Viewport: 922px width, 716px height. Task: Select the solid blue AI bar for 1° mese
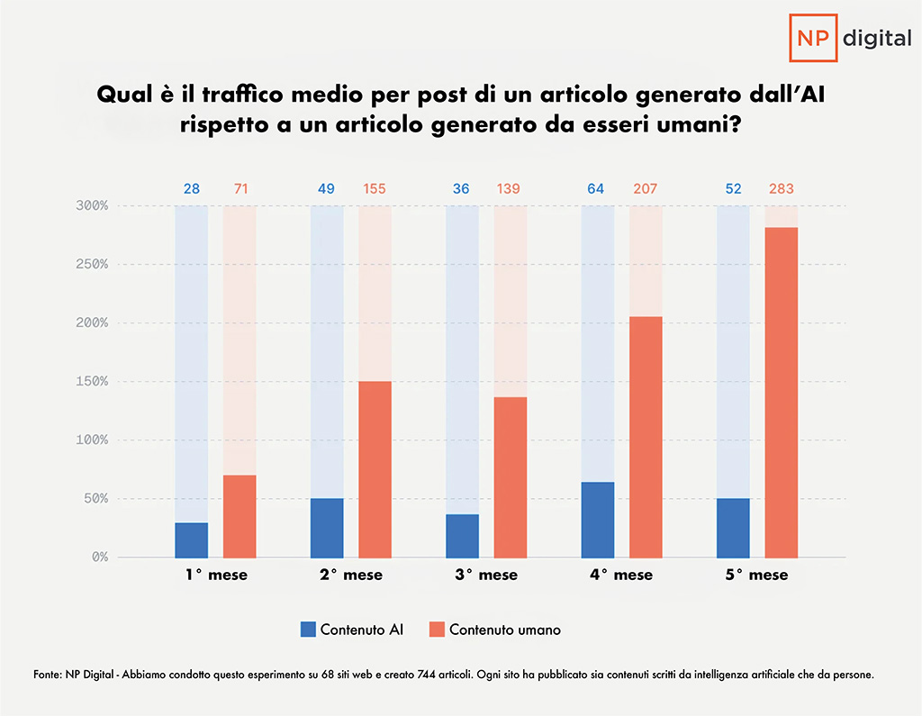tap(192, 539)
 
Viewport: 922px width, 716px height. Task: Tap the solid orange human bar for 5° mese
tap(782, 392)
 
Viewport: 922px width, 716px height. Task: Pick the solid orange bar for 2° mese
tap(375, 468)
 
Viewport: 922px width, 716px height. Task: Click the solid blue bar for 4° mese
tap(598, 520)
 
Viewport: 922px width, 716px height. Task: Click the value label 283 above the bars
tap(782, 189)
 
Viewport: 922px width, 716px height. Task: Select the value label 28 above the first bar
tap(192, 189)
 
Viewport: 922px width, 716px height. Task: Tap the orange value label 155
tap(375, 189)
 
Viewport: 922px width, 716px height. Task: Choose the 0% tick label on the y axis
tap(99, 557)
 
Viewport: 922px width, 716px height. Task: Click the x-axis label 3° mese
tap(486, 575)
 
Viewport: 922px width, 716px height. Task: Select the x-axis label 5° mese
tap(757, 575)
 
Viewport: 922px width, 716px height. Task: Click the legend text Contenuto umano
tap(504, 630)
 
